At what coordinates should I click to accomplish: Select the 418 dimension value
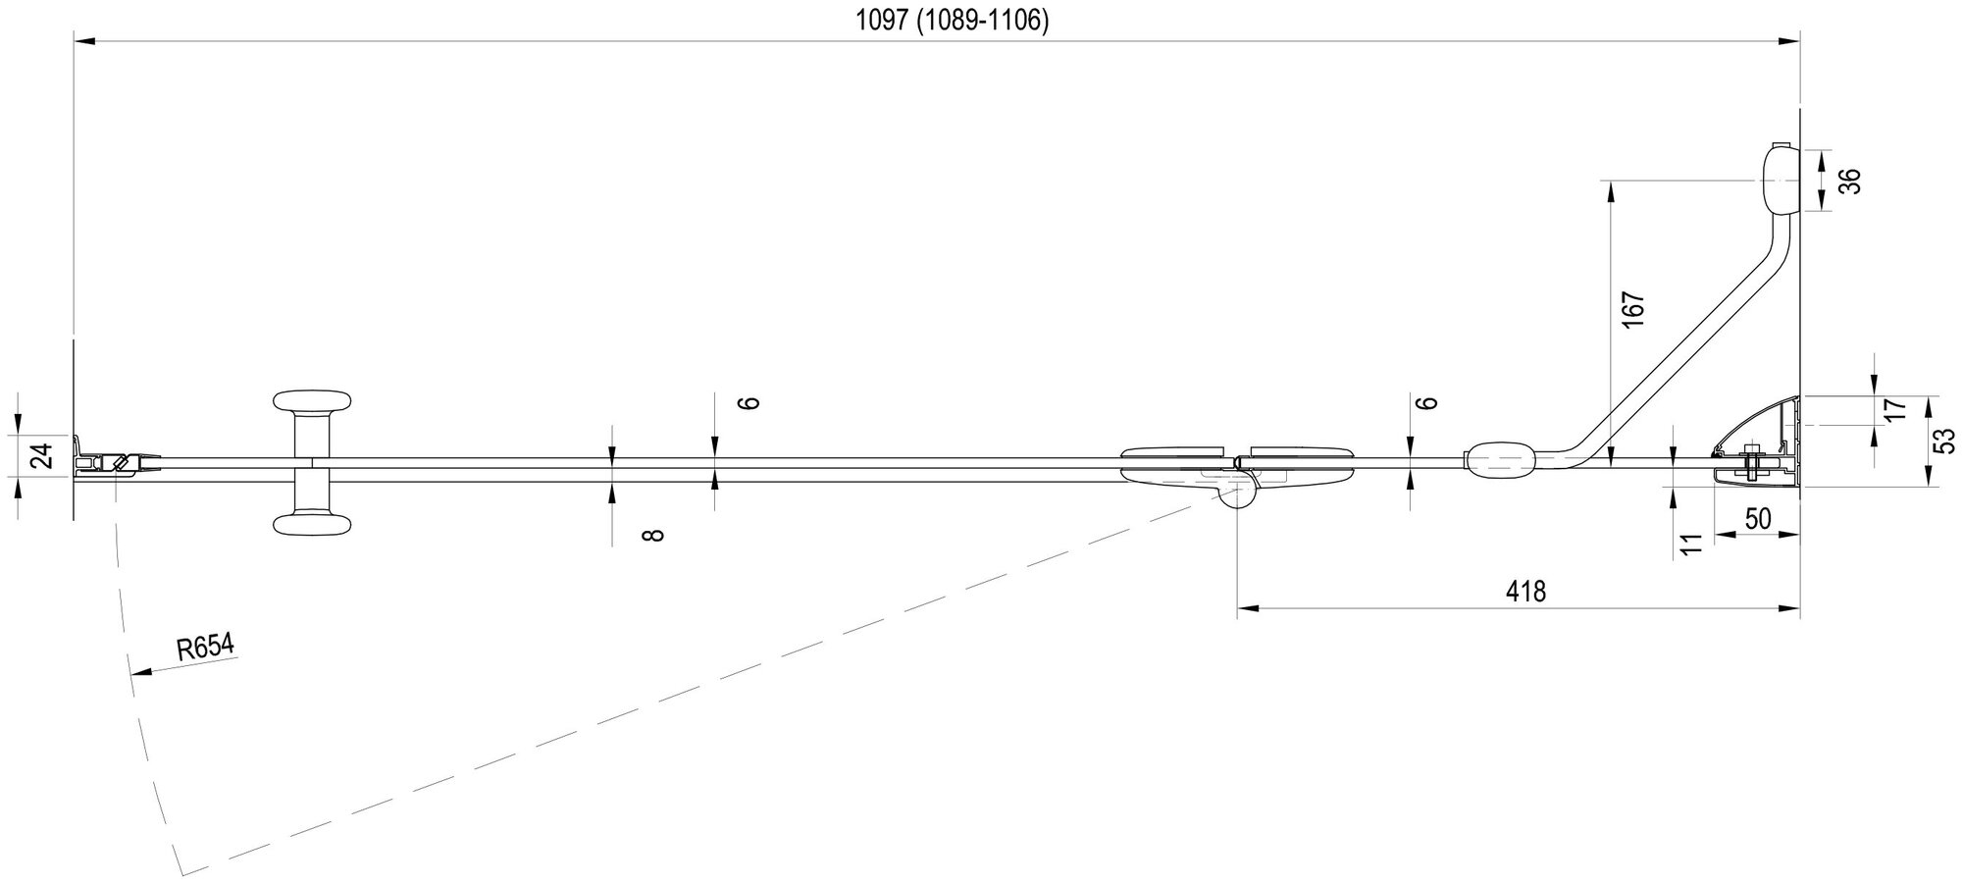tap(1526, 592)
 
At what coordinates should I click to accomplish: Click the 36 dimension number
tap(1847, 182)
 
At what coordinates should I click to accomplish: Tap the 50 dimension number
tap(1758, 519)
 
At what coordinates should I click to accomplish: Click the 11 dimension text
tap(1688, 546)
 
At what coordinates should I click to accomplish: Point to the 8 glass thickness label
tap(654, 535)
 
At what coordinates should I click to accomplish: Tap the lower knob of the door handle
tap(312, 524)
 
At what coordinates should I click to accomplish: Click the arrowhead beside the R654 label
tap(138, 672)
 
